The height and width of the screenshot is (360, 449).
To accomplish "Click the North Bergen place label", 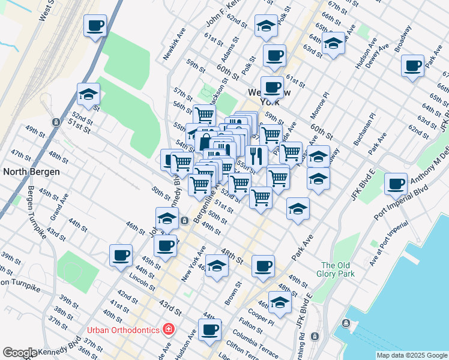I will tap(32, 172).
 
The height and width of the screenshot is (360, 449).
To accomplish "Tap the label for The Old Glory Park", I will tap(338, 270).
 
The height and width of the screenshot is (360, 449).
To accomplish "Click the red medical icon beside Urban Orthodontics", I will tap(169, 329).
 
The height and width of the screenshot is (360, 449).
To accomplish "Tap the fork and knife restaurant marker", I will tap(256, 157).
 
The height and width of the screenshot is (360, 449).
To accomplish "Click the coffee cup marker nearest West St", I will tap(96, 27).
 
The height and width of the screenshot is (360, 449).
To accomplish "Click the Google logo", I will tap(19, 353).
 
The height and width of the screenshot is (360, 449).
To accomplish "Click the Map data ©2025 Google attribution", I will tap(412, 355).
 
